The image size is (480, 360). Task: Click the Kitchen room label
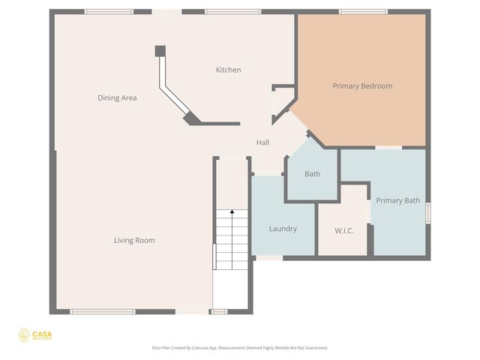pos(229,70)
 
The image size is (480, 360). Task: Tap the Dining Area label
pos(117,97)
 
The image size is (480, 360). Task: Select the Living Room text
pos(134,240)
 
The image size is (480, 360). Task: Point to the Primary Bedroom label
pos(362,86)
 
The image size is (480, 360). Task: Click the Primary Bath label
pos(397,200)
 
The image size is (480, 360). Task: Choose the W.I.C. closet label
pos(343,230)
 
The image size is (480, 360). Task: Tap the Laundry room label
pos(283,229)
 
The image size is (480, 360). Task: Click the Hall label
pos(262,142)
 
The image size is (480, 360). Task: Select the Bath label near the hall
pos(312,174)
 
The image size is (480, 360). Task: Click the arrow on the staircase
pos(232,213)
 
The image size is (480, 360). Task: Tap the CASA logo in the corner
pos(35,334)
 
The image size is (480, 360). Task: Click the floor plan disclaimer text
pos(240,348)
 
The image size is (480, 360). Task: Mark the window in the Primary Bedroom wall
pos(363,12)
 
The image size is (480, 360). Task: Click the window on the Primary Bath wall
pos(427,212)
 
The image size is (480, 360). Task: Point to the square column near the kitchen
pos(159,51)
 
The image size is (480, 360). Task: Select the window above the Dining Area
pos(108,12)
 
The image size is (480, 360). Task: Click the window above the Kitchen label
pos(232,12)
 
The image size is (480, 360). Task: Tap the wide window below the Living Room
pos(103,311)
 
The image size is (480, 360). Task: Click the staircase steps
pos(231,240)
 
